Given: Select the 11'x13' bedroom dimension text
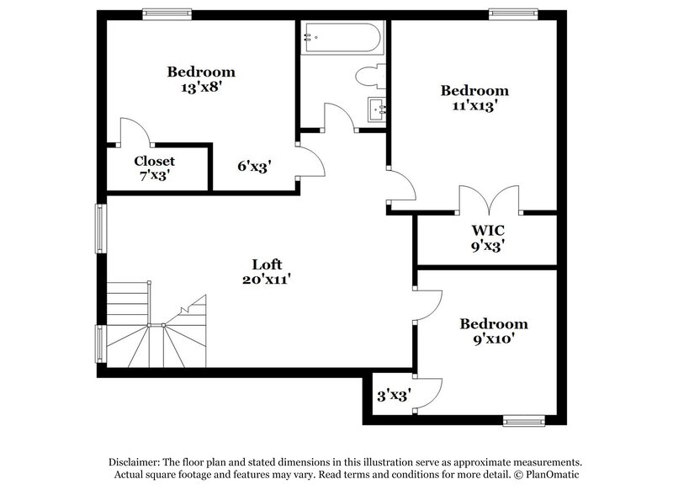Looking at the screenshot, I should (474, 106).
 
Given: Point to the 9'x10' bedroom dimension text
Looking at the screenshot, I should (493, 339).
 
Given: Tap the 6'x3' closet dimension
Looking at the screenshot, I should (253, 167).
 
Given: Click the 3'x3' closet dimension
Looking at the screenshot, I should (393, 393).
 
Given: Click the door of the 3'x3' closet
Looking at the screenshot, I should (429, 391).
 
